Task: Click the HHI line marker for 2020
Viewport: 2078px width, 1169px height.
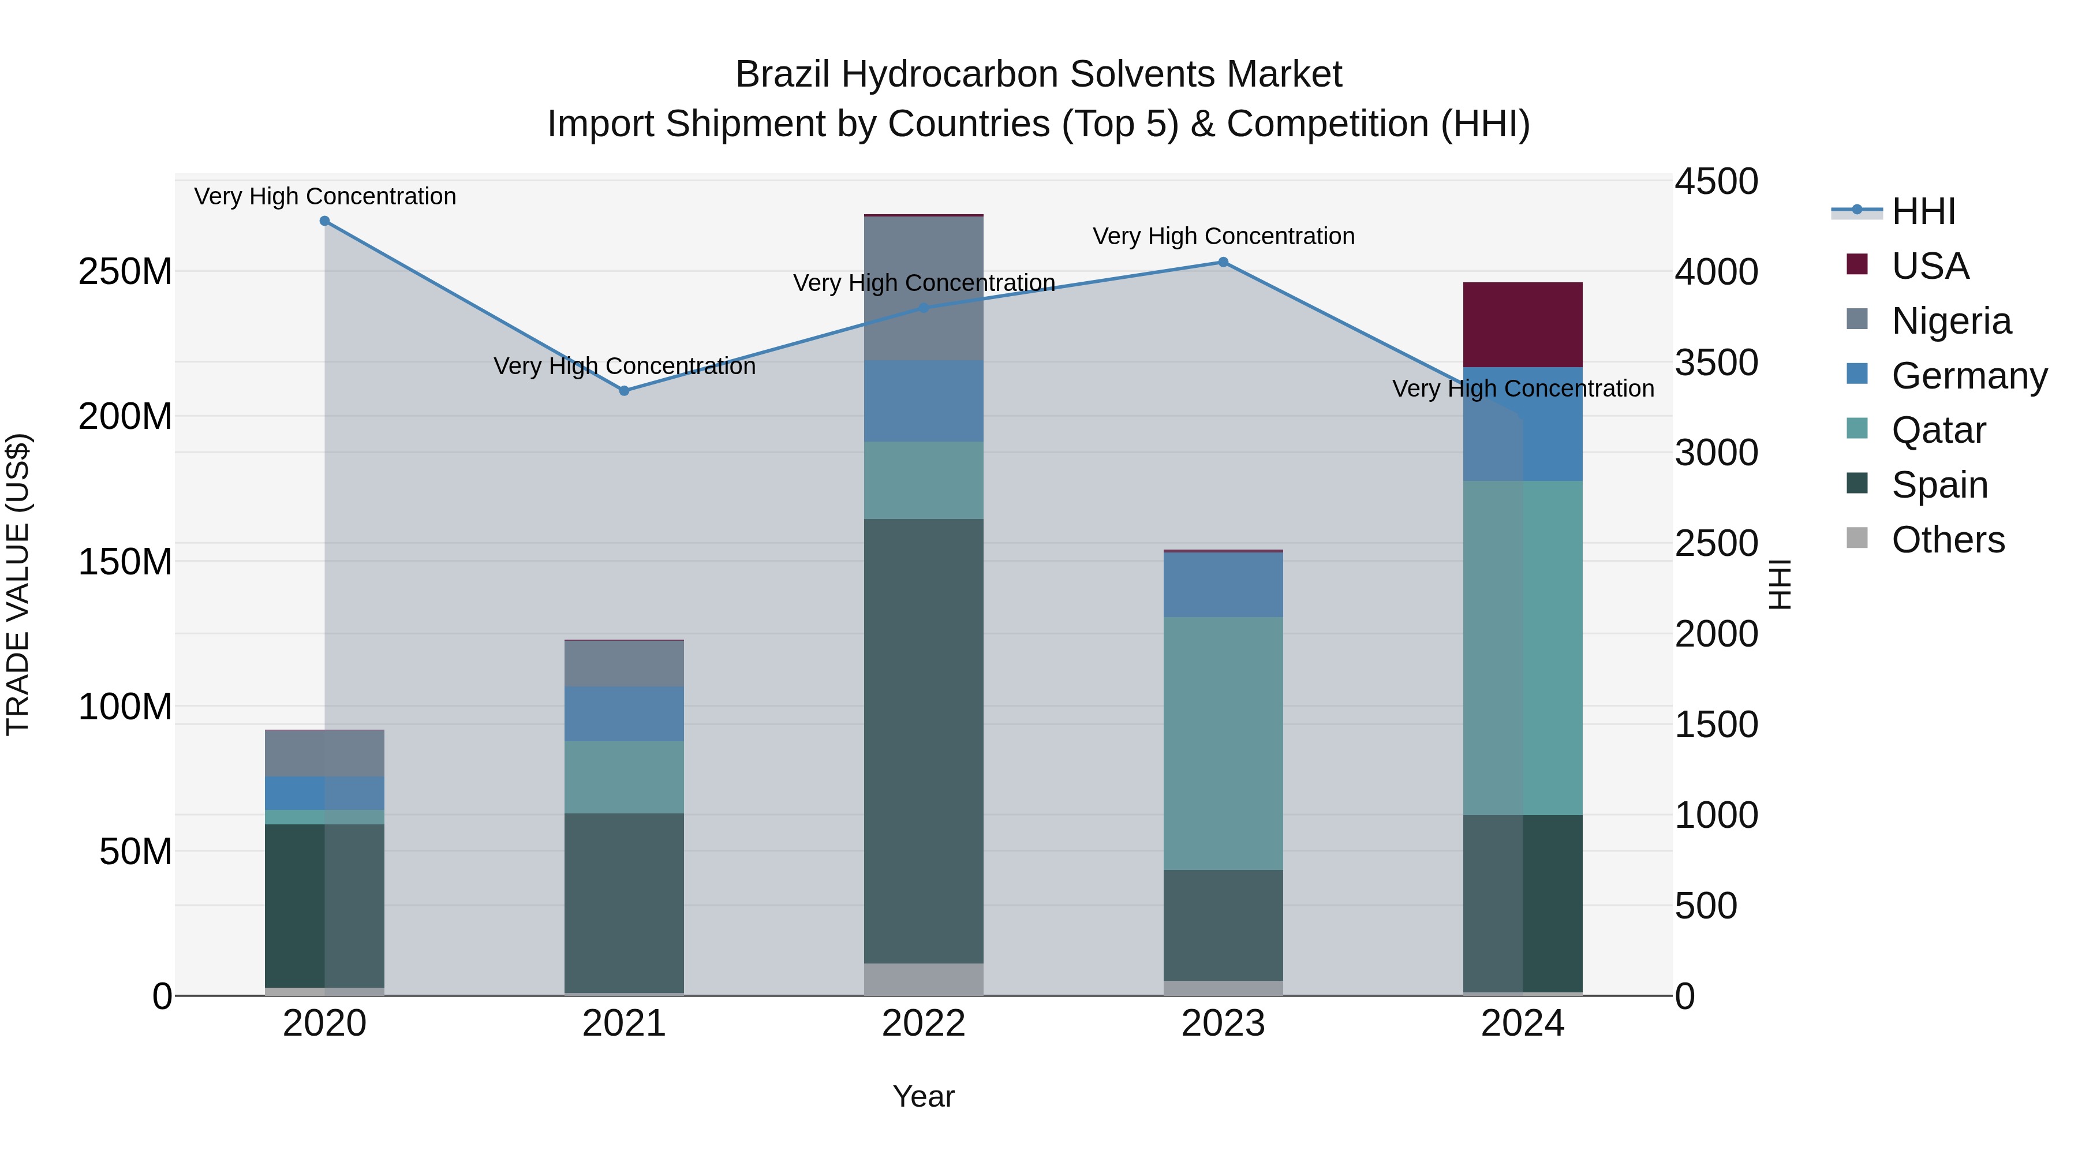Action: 324,221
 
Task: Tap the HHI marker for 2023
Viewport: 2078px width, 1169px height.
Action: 1223,262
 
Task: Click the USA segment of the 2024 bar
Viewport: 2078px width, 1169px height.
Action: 1522,324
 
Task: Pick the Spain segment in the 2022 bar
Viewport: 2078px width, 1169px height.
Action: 924,741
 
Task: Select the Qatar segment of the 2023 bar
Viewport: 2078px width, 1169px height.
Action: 1223,743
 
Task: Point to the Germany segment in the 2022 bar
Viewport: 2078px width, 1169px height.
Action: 924,401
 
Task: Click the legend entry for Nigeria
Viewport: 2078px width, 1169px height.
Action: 1950,321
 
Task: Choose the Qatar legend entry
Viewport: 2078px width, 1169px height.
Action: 1938,430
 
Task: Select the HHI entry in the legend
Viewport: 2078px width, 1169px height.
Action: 1923,211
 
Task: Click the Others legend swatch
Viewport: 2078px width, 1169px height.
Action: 1857,538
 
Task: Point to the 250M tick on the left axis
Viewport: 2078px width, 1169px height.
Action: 125,272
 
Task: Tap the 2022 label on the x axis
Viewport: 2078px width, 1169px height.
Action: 924,1024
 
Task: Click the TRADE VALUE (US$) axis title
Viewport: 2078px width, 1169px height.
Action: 18,584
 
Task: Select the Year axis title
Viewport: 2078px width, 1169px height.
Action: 924,1096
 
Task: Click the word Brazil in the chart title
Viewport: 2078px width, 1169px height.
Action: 783,74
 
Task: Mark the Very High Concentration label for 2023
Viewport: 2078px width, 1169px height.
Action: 1223,236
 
